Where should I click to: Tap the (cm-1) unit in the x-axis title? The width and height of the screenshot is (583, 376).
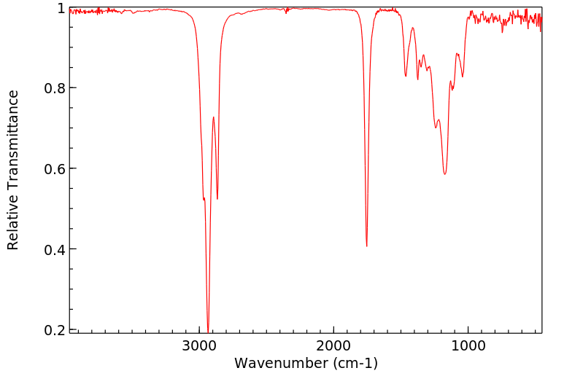(x=352, y=363)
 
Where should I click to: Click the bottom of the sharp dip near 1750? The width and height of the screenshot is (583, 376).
(x=366, y=246)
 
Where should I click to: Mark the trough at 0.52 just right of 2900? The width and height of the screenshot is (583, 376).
(x=217, y=199)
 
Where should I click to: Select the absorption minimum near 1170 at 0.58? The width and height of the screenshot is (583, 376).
(x=444, y=174)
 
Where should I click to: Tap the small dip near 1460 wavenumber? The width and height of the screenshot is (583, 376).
(x=406, y=76)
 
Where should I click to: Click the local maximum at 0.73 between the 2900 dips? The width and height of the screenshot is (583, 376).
(x=213, y=117)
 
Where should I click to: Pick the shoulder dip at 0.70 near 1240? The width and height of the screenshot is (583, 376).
(x=435, y=128)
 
